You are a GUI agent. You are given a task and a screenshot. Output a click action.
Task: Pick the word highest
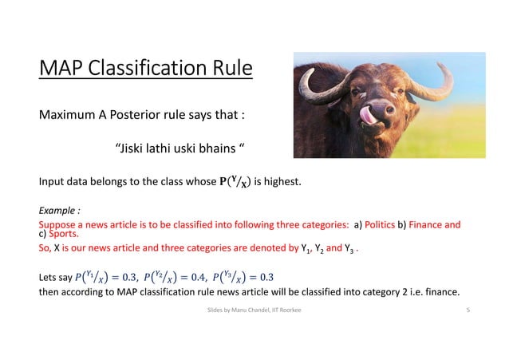282,182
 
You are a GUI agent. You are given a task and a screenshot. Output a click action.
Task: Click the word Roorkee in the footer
289,307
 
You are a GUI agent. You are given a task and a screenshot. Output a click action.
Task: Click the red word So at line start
45,248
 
